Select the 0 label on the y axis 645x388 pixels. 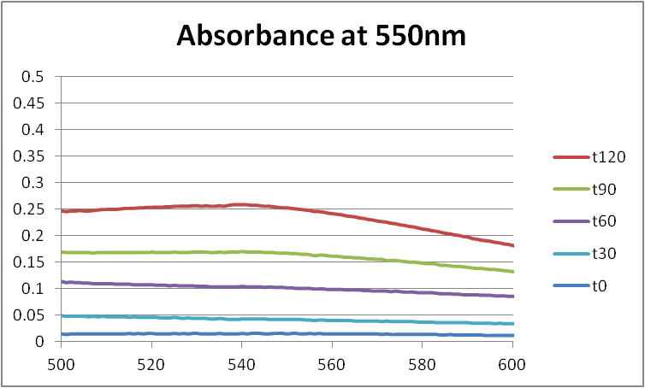39,342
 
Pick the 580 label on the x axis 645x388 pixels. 423,362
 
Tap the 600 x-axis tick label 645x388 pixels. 513,362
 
